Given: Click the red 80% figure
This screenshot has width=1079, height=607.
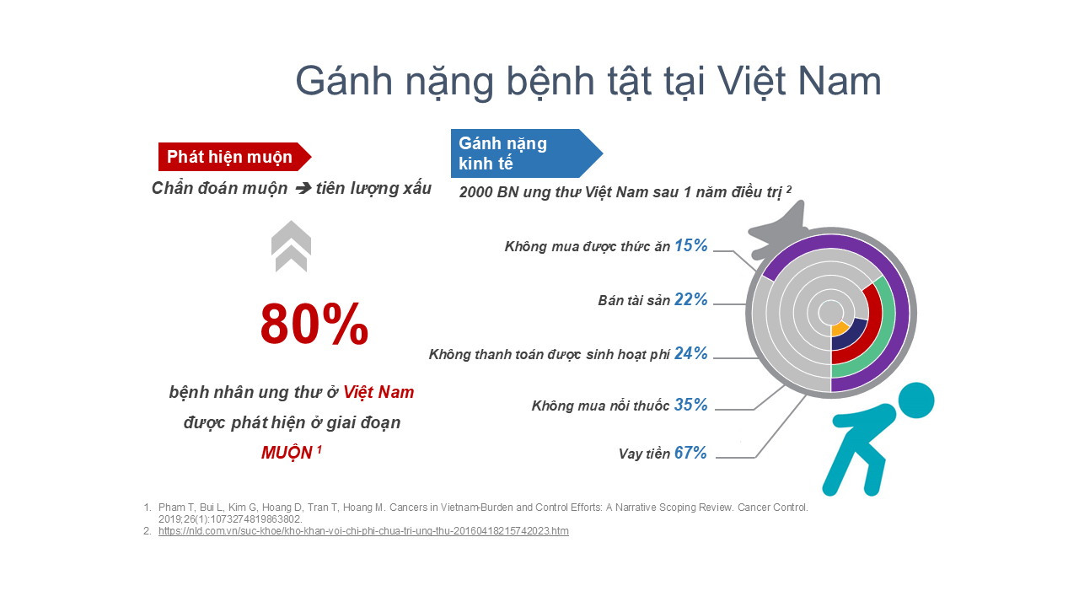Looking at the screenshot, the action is tap(314, 324).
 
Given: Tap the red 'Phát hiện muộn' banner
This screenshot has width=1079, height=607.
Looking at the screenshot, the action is tap(234, 157).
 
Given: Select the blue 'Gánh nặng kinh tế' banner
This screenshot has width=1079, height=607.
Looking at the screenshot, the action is tap(527, 153).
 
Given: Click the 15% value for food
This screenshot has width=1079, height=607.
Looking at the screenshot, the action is tap(690, 245).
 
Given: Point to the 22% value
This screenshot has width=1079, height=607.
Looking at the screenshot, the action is tap(690, 299).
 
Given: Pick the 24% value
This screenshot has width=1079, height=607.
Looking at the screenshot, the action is tap(690, 353).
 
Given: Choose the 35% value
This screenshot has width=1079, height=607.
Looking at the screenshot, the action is tap(690, 406).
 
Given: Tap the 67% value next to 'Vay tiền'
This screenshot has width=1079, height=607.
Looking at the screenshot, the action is tap(690, 453).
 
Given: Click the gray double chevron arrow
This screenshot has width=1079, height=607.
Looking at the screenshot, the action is tap(291, 246).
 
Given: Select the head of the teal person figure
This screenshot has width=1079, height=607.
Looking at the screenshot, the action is tap(916, 400).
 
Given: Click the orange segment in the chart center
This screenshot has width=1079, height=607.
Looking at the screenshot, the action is tap(839, 329).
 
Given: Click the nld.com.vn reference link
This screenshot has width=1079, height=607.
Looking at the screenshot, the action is tap(363, 531).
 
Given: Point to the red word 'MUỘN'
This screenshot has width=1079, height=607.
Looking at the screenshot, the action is tap(287, 453).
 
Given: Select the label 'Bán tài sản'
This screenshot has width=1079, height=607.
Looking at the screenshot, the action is tap(634, 301).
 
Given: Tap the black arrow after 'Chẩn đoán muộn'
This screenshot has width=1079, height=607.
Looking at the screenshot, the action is tap(303, 188).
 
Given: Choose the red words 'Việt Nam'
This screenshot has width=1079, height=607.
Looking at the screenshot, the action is tap(378, 392).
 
